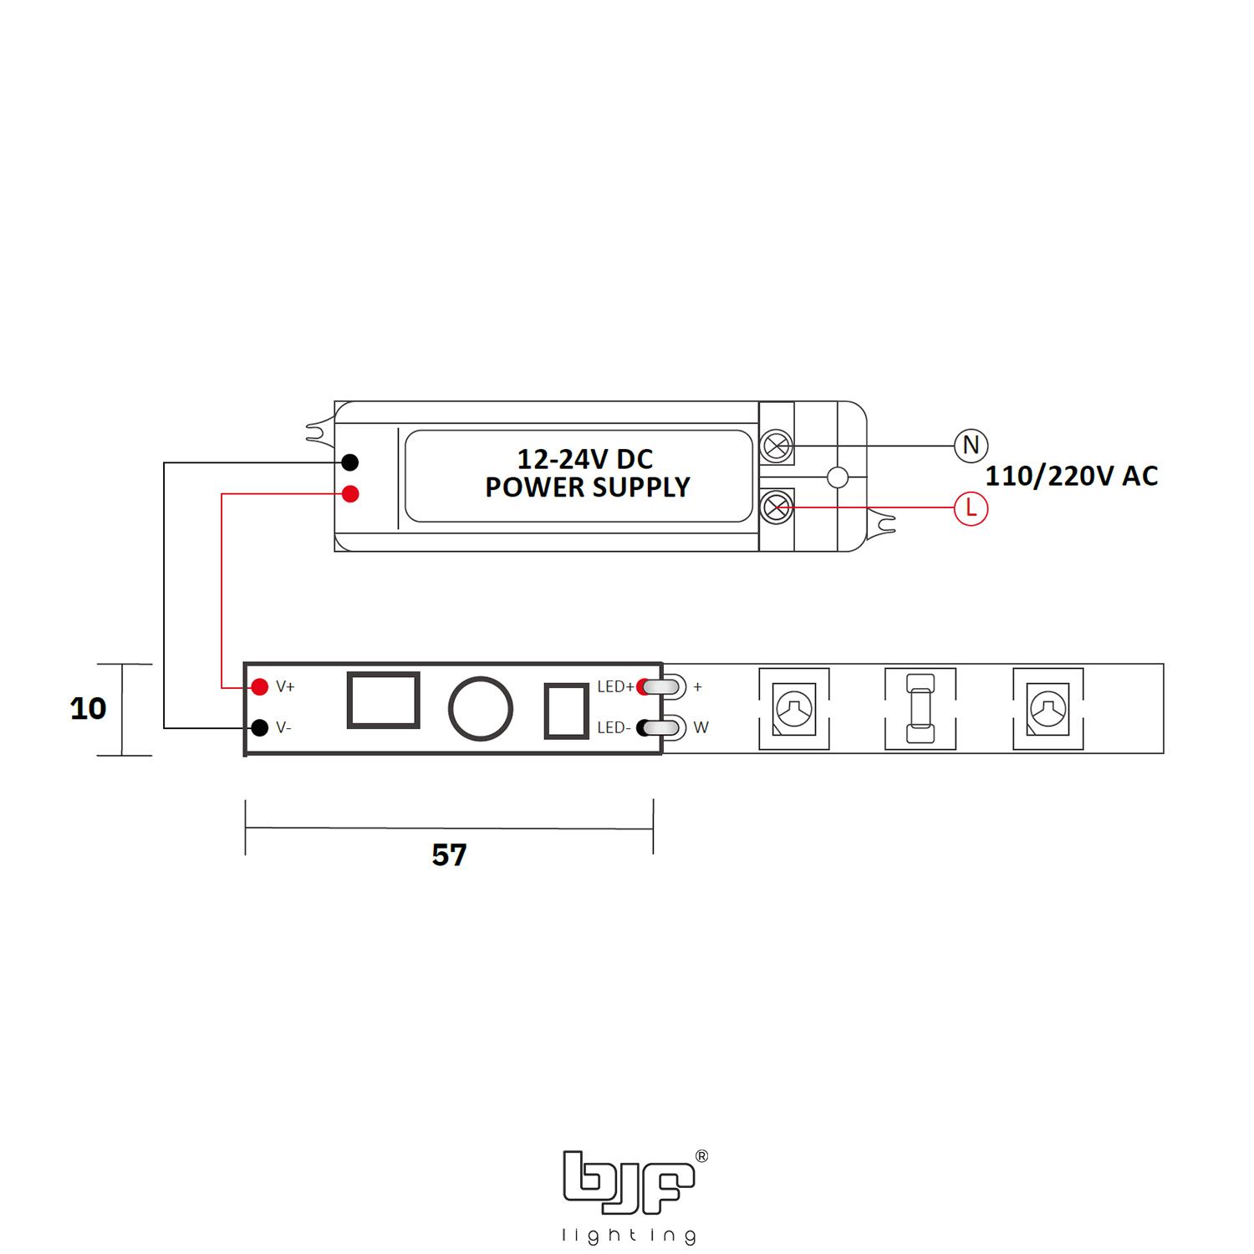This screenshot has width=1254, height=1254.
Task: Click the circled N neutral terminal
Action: (971, 445)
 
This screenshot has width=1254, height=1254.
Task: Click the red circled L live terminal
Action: (971, 508)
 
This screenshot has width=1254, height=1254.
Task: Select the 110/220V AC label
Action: (1072, 477)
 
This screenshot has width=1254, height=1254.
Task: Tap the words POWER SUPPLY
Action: (588, 487)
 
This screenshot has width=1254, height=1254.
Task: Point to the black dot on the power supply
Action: (351, 462)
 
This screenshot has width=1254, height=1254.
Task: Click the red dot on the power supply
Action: (351, 494)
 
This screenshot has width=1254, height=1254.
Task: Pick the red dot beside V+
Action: (260, 687)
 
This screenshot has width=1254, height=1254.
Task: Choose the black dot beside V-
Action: (260, 727)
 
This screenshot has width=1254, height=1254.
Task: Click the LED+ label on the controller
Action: (615, 687)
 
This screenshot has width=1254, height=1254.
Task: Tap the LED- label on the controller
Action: (614, 728)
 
